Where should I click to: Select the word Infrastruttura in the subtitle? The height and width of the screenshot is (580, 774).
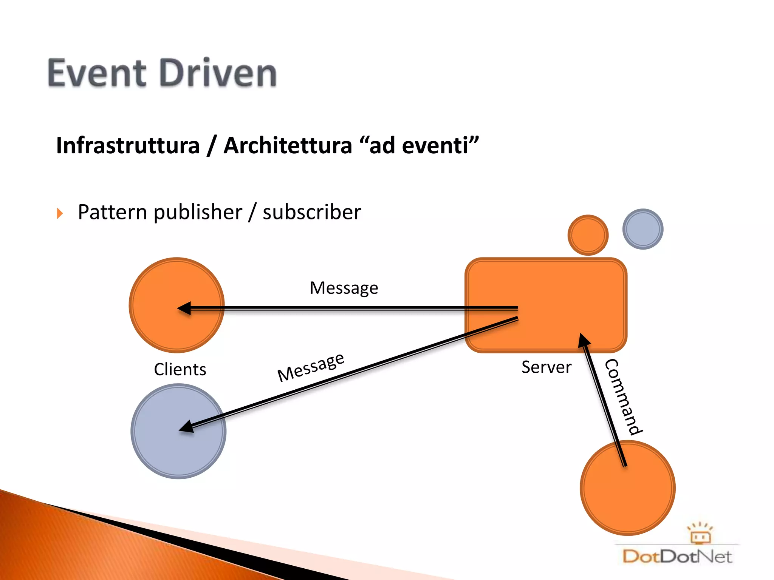pyautogui.click(x=128, y=146)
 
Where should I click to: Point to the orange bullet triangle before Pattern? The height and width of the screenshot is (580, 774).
pyautogui.click(x=60, y=213)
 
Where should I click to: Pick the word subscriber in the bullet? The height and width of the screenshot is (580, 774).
pyautogui.click(x=312, y=212)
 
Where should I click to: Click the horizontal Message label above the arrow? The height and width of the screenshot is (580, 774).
pyautogui.click(x=344, y=288)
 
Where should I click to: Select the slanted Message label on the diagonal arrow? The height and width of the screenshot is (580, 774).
pyautogui.click(x=311, y=367)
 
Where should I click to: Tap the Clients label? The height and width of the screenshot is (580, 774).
pyautogui.click(x=180, y=370)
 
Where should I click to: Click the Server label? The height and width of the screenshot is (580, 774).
pyautogui.click(x=546, y=367)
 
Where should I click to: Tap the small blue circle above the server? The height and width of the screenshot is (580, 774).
pyautogui.click(x=642, y=229)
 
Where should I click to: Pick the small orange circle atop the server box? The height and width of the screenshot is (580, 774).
pyautogui.click(x=588, y=235)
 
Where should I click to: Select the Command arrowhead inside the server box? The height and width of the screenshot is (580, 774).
pyautogui.click(x=584, y=340)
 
